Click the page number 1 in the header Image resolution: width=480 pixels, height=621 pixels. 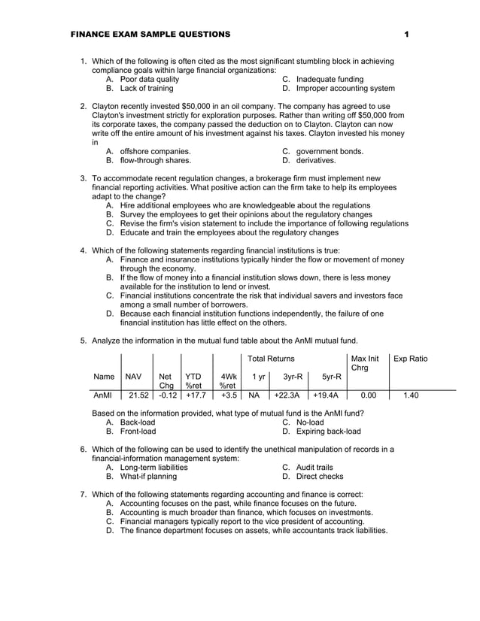pos(406,35)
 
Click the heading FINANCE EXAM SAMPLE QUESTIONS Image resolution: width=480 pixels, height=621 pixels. pos(150,35)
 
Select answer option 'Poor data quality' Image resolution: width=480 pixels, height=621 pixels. pos(149,79)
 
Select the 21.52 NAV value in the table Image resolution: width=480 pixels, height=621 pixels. pos(138,394)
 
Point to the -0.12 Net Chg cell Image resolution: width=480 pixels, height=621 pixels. pos(167,394)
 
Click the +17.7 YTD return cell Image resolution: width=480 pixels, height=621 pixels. pos(196,394)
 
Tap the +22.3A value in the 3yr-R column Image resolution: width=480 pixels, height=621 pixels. pos(287,394)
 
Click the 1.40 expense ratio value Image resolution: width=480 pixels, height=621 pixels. pos(411,394)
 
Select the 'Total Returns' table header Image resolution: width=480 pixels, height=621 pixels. pos(271,359)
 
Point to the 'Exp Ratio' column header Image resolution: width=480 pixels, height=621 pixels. pos(409,359)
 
